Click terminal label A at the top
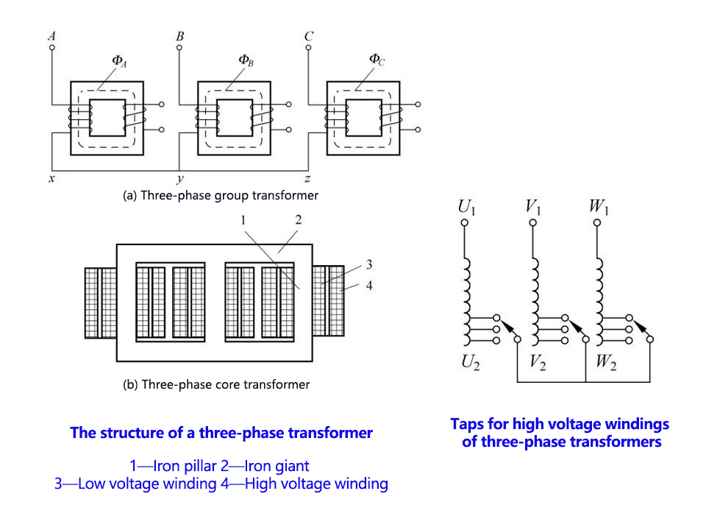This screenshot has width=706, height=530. pos(51,35)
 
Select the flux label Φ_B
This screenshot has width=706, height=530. pos(246,60)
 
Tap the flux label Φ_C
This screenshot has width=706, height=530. pos(377,60)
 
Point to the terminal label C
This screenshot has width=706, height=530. pos(308,35)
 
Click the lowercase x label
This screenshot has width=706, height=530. pos(51,179)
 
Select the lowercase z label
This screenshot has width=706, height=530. pos(308,179)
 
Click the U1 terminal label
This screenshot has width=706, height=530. pos(466,208)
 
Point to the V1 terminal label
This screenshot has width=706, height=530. pos(533,208)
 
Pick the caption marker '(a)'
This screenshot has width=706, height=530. pos(130,196)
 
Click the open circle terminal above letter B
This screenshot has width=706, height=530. pos(179,48)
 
